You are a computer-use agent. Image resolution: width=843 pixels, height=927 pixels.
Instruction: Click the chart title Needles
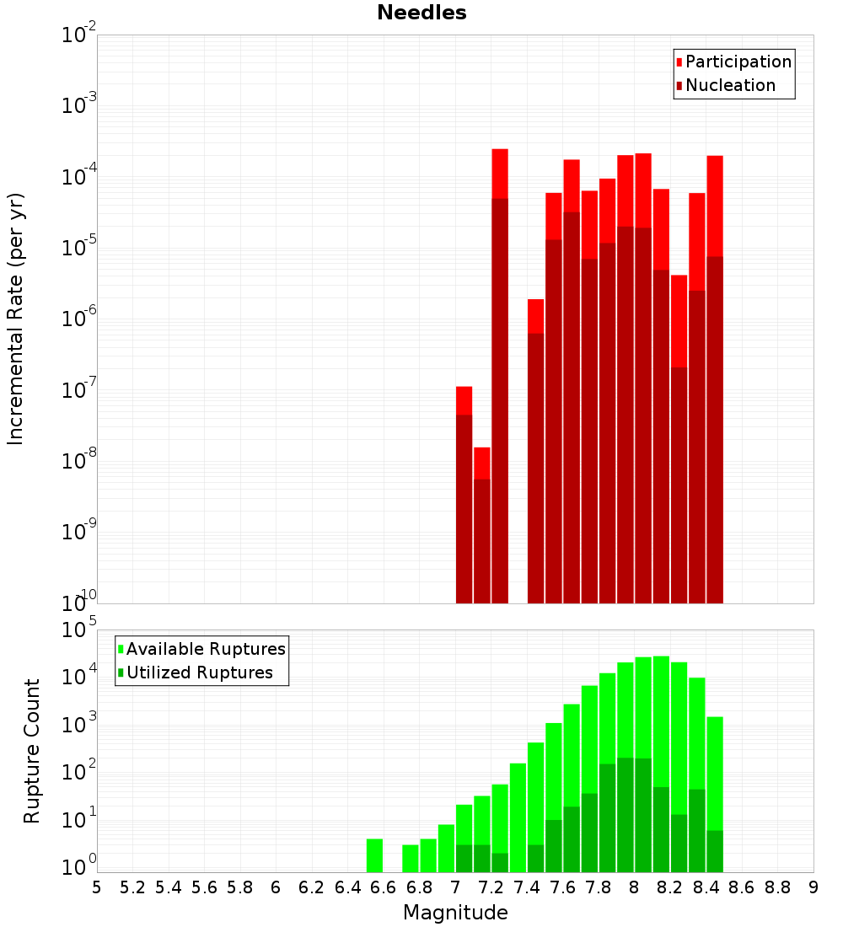[421, 13]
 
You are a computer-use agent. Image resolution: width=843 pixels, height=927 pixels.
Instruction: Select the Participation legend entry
[738, 62]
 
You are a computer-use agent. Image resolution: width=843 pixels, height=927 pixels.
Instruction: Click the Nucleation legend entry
[730, 85]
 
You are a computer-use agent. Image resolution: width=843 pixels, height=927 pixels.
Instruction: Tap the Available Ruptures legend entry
[206, 649]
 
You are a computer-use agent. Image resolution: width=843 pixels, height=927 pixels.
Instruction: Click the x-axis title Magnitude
[455, 913]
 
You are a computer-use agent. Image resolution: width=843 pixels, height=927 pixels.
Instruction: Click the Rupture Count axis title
[32, 751]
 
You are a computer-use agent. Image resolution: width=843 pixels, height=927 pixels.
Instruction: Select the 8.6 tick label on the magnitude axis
[742, 887]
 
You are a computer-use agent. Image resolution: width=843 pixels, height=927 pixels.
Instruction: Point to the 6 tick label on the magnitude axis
[276, 887]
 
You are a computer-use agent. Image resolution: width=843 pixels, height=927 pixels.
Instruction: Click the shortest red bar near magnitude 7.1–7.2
[482, 522]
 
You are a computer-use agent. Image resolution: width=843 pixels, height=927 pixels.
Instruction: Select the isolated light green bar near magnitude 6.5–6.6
[375, 855]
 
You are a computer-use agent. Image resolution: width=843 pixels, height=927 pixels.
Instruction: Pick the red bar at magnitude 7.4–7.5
[535, 447]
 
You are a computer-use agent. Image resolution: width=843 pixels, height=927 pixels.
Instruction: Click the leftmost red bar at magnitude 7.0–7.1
[464, 497]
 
